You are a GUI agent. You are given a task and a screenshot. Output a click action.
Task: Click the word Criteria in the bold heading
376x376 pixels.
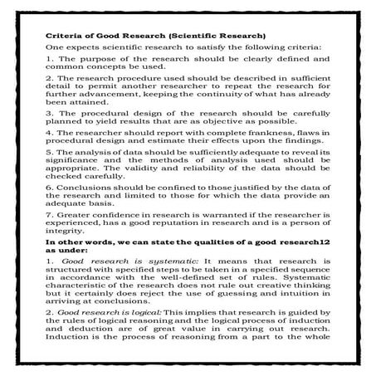coord(63,37)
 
